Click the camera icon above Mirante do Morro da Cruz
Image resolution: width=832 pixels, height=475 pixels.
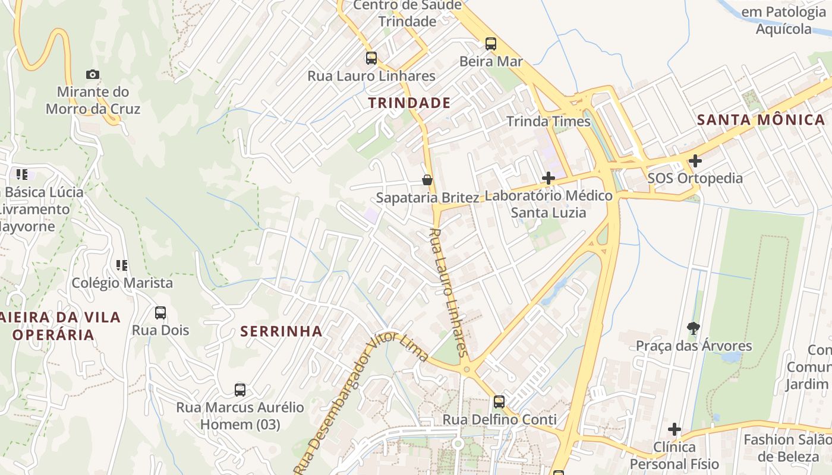(92, 74)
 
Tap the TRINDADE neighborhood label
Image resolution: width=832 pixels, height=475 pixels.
(409, 103)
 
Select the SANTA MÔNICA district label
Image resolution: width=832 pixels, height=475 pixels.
(761, 119)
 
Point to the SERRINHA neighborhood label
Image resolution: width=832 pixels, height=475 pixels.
(282, 331)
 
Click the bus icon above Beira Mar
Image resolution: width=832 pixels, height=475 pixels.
(490, 43)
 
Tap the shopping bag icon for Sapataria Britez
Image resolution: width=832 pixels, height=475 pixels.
(427, 180)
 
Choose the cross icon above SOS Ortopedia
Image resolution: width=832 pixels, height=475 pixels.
(695, 160)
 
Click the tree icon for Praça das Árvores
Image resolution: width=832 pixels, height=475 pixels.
(693, 328)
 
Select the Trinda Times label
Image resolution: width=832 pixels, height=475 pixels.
(548, 122)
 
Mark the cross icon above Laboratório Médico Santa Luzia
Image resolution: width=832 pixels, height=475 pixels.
(548, 178)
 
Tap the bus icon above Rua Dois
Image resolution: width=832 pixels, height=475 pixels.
(160, 313)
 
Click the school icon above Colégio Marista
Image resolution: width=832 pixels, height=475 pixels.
(122, 265)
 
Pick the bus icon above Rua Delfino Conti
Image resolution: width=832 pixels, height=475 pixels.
(499, 402)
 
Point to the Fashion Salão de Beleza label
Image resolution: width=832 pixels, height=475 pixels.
(787, 448)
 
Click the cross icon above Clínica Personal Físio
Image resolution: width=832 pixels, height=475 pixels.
(674, 429)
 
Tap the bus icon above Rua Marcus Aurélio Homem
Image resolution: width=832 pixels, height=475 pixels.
(239, 390)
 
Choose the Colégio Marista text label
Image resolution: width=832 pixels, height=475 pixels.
(122, 283)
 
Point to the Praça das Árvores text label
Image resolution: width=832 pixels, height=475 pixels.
(694, 346)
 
